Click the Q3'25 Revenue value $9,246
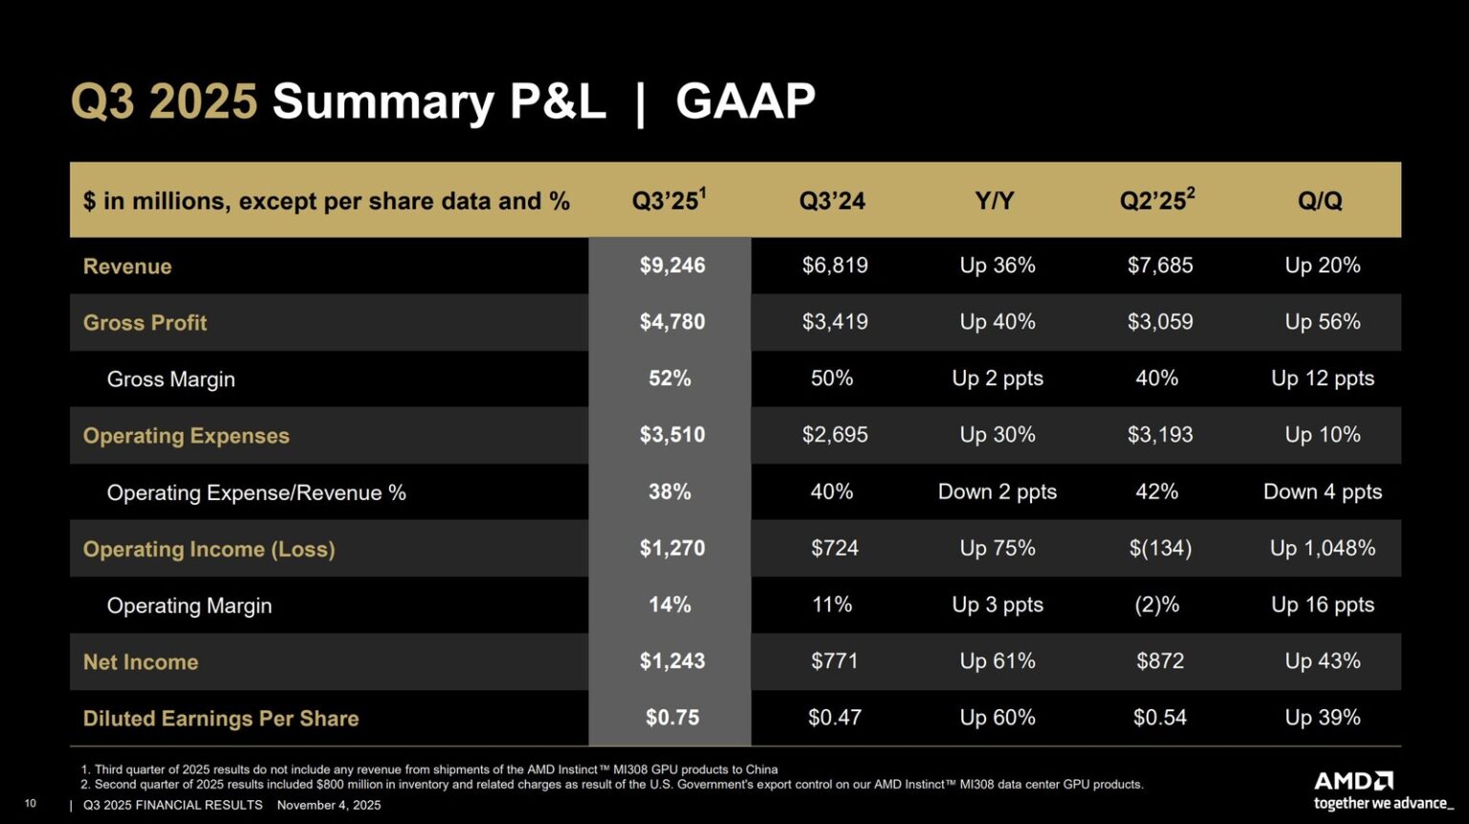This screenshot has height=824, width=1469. [x=671, y=266]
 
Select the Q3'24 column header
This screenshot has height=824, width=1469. [x=832, y=201]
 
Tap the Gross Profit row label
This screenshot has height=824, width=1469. [x=144, y=323]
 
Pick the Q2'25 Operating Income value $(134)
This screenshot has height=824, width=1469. [x=1159, y=549]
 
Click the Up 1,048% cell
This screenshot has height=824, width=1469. [x=1322, y=549]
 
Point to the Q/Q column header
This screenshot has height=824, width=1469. [x=1320, y=201]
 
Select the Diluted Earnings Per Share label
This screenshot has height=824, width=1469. [x=221, y=719]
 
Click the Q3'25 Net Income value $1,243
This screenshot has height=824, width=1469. [x=671, y=661]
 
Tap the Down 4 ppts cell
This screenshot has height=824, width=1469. [x=1322, y=492]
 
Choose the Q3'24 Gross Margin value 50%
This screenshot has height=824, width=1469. [x=831, y=379]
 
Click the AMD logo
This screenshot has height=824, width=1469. [x=1353, y=781]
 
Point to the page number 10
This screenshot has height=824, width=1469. [x=30, y=804]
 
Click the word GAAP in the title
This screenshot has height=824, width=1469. [x=745, y=101]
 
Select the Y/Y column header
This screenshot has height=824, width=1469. [x=994, y=201]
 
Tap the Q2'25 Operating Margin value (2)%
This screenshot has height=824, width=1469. [x=1156, y=605]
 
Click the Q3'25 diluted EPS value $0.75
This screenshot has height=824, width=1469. [x=671, y=718]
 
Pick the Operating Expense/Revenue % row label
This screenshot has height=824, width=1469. [x=256, y=493]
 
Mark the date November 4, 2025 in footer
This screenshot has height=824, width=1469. [x=328, y=805]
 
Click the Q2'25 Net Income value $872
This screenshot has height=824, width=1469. [x=1159, y=661]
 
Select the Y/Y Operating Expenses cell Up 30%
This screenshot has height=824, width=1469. [x=997, y=435]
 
